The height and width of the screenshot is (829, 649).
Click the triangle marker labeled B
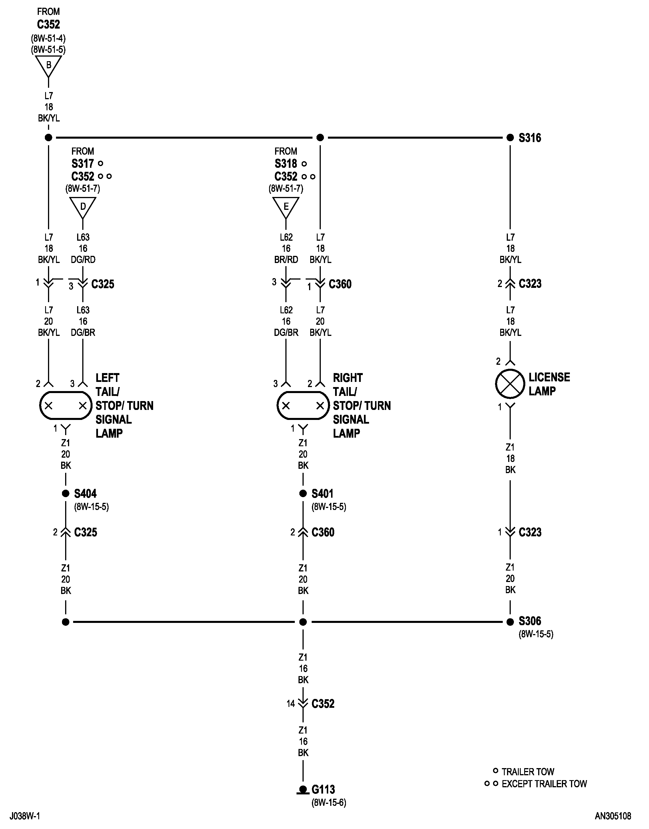(48, 65)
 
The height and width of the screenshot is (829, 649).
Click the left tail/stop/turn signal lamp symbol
(66, 405)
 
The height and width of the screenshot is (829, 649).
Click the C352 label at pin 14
(323, 704)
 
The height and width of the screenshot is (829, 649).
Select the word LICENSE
(549, 377)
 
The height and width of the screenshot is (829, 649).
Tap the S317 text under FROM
(83, 164)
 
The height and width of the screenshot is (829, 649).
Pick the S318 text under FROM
(286, 164)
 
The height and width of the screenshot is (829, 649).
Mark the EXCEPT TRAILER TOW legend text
(544, 784)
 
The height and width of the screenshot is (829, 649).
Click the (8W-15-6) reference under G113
(329, 802)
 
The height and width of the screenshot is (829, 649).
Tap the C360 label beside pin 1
(340, 284)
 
